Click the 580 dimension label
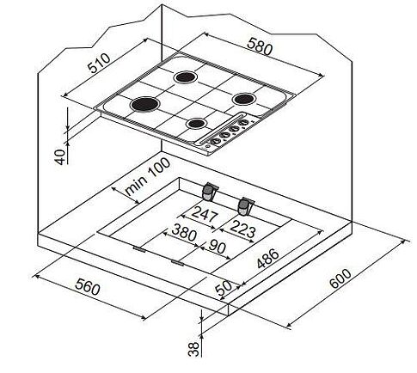259,47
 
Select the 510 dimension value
99,63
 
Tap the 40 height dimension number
60,157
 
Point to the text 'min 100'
148,176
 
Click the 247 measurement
205,214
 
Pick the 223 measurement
242,229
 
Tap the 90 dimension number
217,247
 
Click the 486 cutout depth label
267,259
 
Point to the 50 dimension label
224,288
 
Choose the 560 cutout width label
88,286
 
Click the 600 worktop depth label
340,278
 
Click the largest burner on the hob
144,104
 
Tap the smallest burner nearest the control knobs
196,124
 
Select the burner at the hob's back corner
186,77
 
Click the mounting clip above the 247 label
210,192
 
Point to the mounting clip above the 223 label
245,206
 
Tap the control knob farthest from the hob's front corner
244,122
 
